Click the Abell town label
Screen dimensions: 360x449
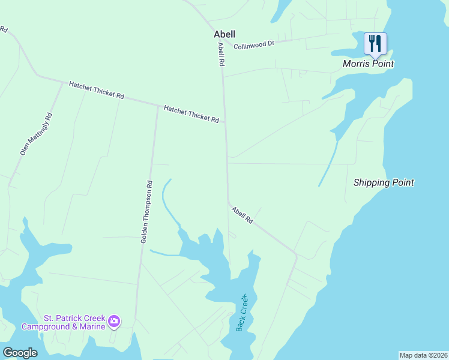pos(224,35)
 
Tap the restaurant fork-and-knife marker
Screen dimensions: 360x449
pos(375,43)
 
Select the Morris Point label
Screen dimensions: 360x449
pos(368,64)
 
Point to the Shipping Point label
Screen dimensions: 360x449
pos(384,182)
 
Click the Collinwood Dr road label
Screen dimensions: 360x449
pos(254,45)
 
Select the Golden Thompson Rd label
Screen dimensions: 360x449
pos(147,212)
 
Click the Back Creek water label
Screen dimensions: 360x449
pos(242,313)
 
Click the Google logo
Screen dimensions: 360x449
pos(20,353)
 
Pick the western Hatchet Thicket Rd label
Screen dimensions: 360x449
pos(96,91)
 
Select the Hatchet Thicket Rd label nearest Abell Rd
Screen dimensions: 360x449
pos(191,114)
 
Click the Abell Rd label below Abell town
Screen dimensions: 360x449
pos(221,54)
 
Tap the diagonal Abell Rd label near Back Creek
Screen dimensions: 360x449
pos(243,215)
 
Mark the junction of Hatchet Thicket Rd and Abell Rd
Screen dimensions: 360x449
pos(225,122)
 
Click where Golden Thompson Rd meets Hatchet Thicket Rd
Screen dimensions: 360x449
pos(157,106)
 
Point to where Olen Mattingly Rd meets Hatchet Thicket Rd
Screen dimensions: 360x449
pos(62,82)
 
